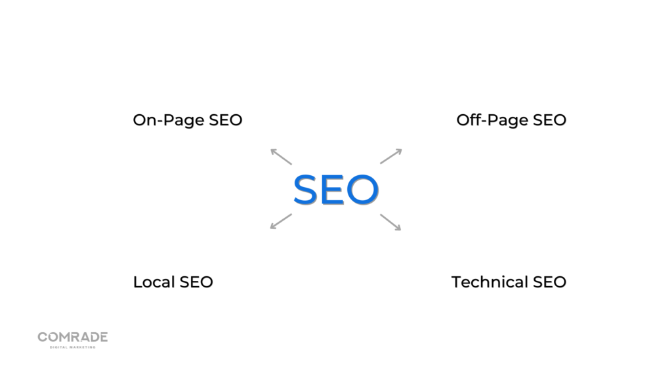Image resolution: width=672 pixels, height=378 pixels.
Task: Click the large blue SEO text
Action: [335, 190]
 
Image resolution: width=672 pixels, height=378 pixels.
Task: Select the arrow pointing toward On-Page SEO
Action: [281, 156]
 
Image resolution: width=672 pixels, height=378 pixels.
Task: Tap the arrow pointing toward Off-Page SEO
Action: [391, 156]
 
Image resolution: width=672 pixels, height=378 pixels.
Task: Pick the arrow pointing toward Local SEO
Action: [281, 222]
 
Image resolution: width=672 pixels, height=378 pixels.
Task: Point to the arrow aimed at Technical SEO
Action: [390, 222]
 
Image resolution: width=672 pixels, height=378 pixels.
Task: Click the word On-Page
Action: [169, 121]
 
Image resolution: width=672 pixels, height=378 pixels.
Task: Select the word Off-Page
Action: [492, 120]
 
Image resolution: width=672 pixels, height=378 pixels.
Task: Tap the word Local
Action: [154, 282]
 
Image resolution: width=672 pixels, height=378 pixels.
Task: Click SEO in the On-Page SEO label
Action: [226, 120]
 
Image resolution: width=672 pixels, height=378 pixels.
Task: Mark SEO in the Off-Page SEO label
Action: [549, 120]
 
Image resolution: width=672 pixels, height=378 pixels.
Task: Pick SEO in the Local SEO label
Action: [196, 282]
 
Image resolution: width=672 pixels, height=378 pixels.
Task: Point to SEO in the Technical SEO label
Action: [549, 282]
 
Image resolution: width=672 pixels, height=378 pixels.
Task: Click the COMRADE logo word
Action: [73, 337]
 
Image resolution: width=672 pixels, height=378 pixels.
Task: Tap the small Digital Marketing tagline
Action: [73, 347]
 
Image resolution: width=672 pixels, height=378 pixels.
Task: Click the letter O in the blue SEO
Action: [362, 190]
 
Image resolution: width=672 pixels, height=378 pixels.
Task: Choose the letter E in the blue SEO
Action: [332, 190]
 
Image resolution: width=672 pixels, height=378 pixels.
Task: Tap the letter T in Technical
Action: [457, 282]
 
